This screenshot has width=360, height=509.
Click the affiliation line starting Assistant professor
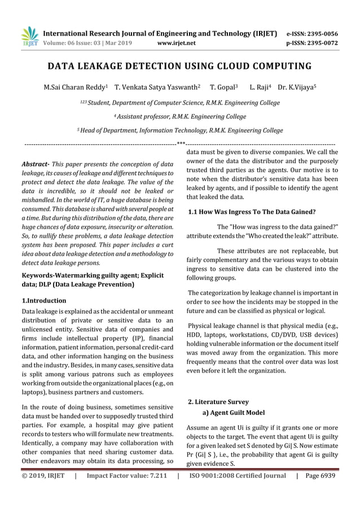click(180, 116)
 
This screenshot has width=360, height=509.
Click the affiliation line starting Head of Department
click(180, 130)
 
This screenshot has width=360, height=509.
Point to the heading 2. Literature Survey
click(218, 402)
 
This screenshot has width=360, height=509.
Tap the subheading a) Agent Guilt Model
click(230, 413)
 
